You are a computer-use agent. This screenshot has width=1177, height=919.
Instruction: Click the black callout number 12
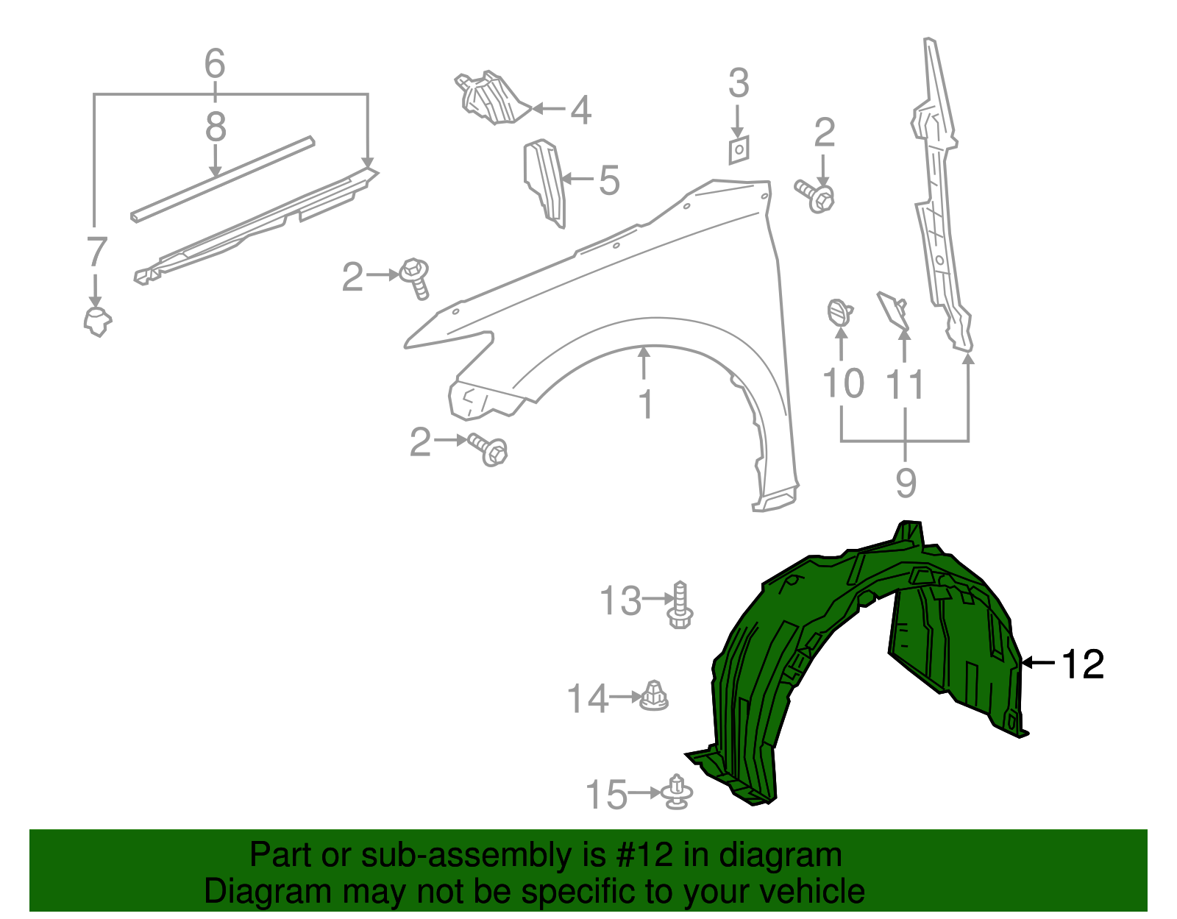pos(1082,664)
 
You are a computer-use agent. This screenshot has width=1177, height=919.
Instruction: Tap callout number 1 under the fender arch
pos(646,405)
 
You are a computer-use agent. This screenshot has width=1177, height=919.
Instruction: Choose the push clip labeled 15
pos(677,793)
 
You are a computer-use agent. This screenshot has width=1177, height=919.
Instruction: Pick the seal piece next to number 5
pos(545,182)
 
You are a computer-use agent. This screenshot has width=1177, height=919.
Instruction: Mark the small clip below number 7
pos(96,322)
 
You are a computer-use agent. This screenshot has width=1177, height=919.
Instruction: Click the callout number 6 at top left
pos(214,64)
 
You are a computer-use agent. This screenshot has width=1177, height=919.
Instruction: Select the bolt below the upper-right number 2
pos(816,196)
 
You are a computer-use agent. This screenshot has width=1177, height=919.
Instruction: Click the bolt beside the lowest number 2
pos(489,448)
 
